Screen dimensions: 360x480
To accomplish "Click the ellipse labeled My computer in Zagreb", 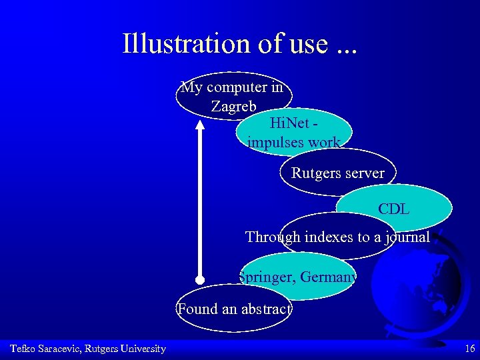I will pyautogui.click(x=233, y=96).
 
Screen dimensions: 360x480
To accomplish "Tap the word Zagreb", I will pyautogui.click(x=233, y=106).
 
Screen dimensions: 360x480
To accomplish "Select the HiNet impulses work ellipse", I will pyautogui.click(x=294, y=132).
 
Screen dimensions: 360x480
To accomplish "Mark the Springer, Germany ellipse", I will pyautogui.click(x=298, y=275).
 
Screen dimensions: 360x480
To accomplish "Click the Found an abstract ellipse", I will pyautogui.click(x=234, y=308).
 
